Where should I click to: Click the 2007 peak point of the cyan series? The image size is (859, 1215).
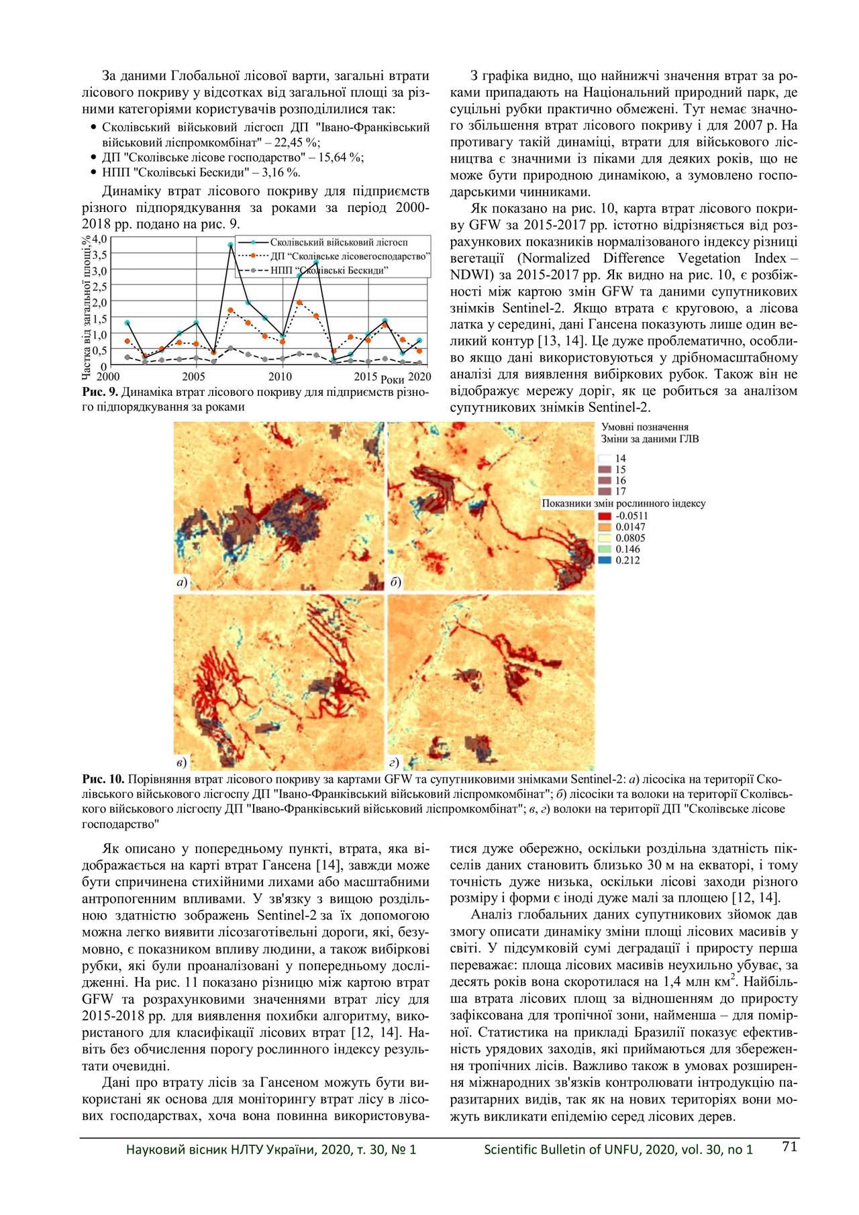tap(230, 245)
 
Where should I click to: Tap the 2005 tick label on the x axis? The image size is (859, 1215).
tap(194, 376)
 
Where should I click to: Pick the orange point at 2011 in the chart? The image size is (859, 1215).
tap(299, 303)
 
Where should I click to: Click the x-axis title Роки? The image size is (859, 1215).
tap(392, 380)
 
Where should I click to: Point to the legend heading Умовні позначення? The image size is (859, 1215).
tap(644, 427)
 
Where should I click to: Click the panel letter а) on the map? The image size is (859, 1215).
tap(181, 582)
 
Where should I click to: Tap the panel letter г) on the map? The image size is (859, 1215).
tap(395, 762)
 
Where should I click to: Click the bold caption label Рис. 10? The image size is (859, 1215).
tap(103, 779)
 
